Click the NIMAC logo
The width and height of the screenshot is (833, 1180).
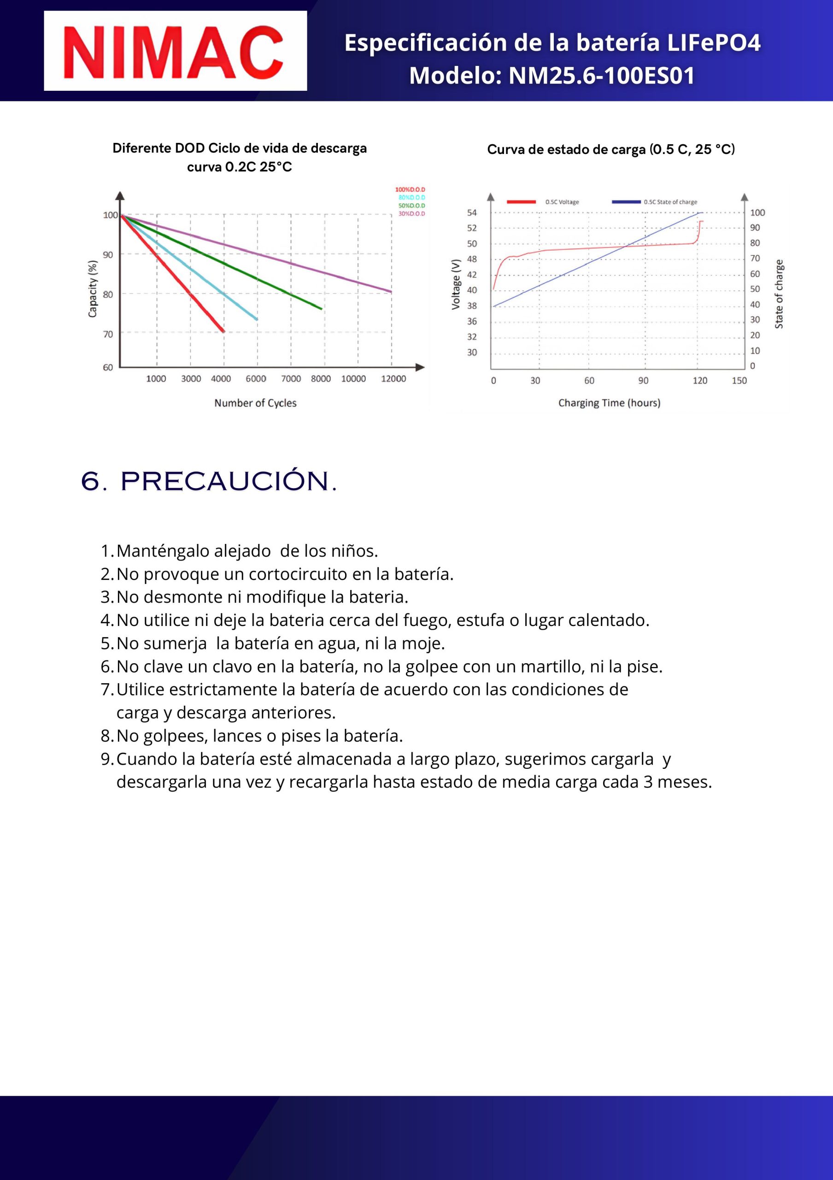pyautogui.click(x=175, y=51)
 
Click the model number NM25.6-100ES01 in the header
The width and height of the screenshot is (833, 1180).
pyautogui.click(x=601, y=76)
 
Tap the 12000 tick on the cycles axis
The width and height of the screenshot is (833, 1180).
pyautogui.click(x=393, y=379)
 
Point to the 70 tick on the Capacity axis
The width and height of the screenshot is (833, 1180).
pyautogui.click(x=107, y=334)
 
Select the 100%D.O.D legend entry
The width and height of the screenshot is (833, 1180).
pyautogui.click(x=410, y=189)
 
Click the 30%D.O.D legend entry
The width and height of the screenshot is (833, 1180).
pyautogui.click(x=411, y=213)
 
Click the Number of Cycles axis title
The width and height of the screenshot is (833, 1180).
pyautogui.click(x=255, y=403)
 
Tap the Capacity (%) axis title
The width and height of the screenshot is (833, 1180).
pyautogui.click(x=93, y=289)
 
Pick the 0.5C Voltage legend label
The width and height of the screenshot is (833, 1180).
pyautogui.click(x=562, y=202)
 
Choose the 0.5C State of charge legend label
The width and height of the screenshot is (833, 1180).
pyautogui.click(x=670, y=202)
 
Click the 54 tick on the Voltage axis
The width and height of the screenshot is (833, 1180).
pyautogui.click(x=471, y=212)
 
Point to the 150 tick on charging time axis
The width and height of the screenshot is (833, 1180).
pyautogui.click(x=739, y=381)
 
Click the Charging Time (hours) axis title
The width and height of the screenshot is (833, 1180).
pyautogui.click(x=609, y=403)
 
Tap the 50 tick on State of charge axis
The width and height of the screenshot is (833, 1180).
pyautogui.click(x=754, y=289)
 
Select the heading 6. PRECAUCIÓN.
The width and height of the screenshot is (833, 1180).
pyautogui.click(x=209, y=481)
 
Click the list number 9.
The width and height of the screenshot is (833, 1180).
pyautogui.click(x=106, y=759)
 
